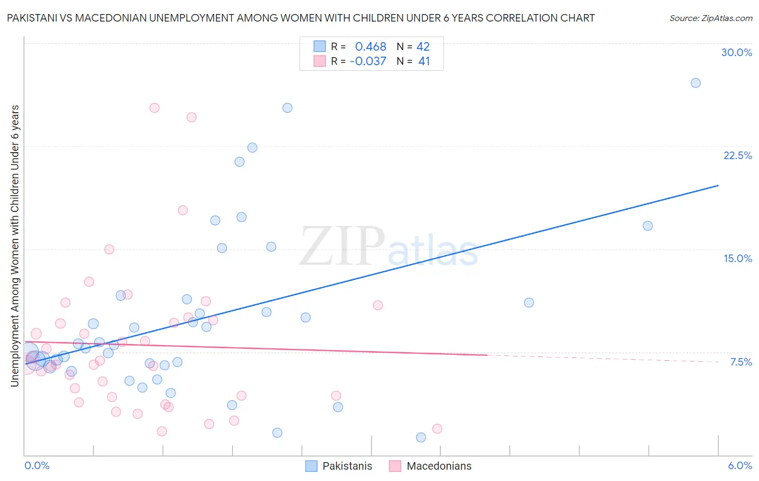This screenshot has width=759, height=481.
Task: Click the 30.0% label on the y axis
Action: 736,52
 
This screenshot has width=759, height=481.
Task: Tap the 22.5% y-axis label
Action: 737,155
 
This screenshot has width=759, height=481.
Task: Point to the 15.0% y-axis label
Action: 737,258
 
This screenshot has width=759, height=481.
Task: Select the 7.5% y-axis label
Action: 741,362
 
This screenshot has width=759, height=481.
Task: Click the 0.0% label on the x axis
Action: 37,465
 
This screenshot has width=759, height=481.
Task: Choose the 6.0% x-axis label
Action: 740,465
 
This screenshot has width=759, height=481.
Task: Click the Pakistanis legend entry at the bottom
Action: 339,466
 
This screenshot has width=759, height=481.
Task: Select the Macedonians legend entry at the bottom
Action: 430,466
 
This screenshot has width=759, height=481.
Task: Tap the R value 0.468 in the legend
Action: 370,47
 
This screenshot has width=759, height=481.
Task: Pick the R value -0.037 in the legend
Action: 368,61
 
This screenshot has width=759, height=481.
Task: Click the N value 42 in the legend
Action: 423,47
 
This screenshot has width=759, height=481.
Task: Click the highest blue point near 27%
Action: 695,83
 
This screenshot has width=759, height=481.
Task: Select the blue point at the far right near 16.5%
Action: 647,226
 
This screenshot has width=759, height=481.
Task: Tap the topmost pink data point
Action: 154,108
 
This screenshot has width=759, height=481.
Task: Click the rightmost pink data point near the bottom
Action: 437,429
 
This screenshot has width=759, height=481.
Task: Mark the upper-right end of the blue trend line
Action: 718,185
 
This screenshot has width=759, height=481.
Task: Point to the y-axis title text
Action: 15,246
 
